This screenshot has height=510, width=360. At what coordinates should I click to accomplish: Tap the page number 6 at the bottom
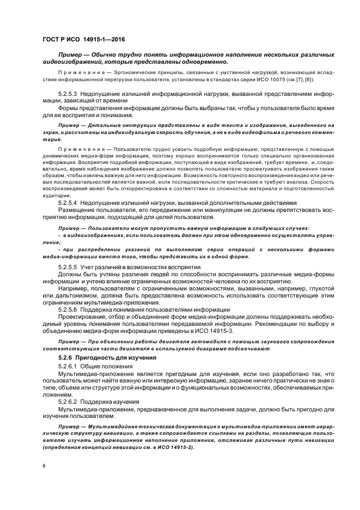45,466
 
